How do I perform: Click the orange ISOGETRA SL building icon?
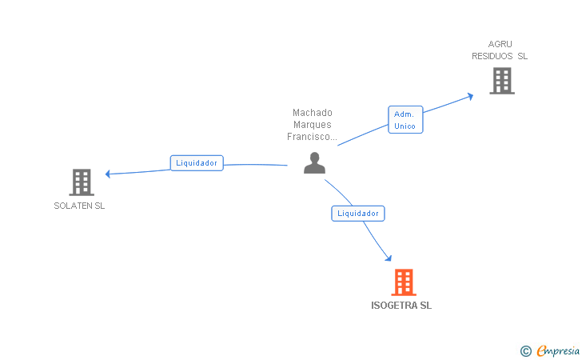(x=404, y=282)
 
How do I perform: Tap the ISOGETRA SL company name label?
(x=401, y=306)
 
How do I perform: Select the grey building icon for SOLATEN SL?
(x=82, y=182)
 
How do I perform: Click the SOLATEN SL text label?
(x=79, y=206)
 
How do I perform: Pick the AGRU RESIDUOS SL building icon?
(x=501, y=80)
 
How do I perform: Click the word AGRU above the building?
(x=500, y=44)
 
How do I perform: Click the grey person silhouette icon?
(x=315, y=162)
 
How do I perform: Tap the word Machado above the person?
(x=312, y=113)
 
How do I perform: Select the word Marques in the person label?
(x=312, y=125)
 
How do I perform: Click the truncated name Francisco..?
(x=312, y=137)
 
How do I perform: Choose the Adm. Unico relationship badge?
(x=405, y=120)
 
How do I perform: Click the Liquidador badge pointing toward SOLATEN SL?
(x=197, y=162)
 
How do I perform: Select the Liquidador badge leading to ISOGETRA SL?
(x=358, y=213)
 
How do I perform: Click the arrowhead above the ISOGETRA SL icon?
(x=389, y=258)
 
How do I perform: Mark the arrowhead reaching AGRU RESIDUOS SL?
(x=470, y=95)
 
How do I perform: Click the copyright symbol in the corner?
(x=525, y=350)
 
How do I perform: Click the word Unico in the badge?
(x=405, y=126)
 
